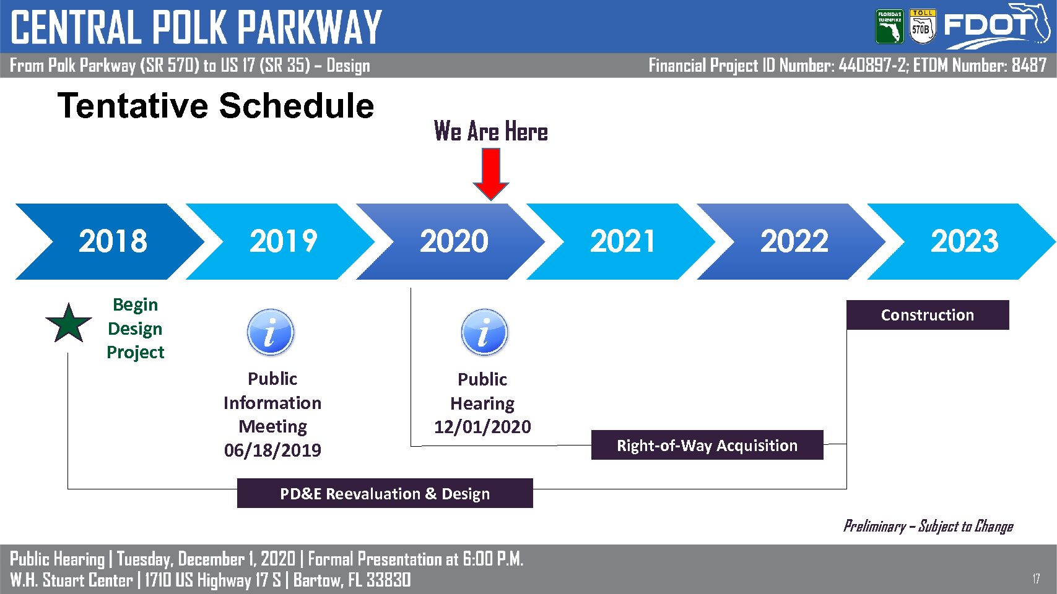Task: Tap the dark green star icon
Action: coord(69,324)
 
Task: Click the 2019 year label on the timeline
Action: coord(283,241)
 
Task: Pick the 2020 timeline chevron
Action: coord(451,241)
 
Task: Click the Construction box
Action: coord(928,315)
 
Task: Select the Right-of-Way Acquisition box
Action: coord(707,445)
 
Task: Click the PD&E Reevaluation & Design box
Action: coord(385,493)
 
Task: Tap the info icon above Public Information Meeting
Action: coord(271,332)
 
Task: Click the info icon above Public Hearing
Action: coord(485,332)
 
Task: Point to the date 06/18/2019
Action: coord(272,450)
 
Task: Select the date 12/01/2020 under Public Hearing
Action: coord(483,427)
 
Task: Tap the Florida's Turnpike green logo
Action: coord(890,27)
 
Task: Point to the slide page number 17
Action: coord(1036,579)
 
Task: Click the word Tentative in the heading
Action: coord(133,105)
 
